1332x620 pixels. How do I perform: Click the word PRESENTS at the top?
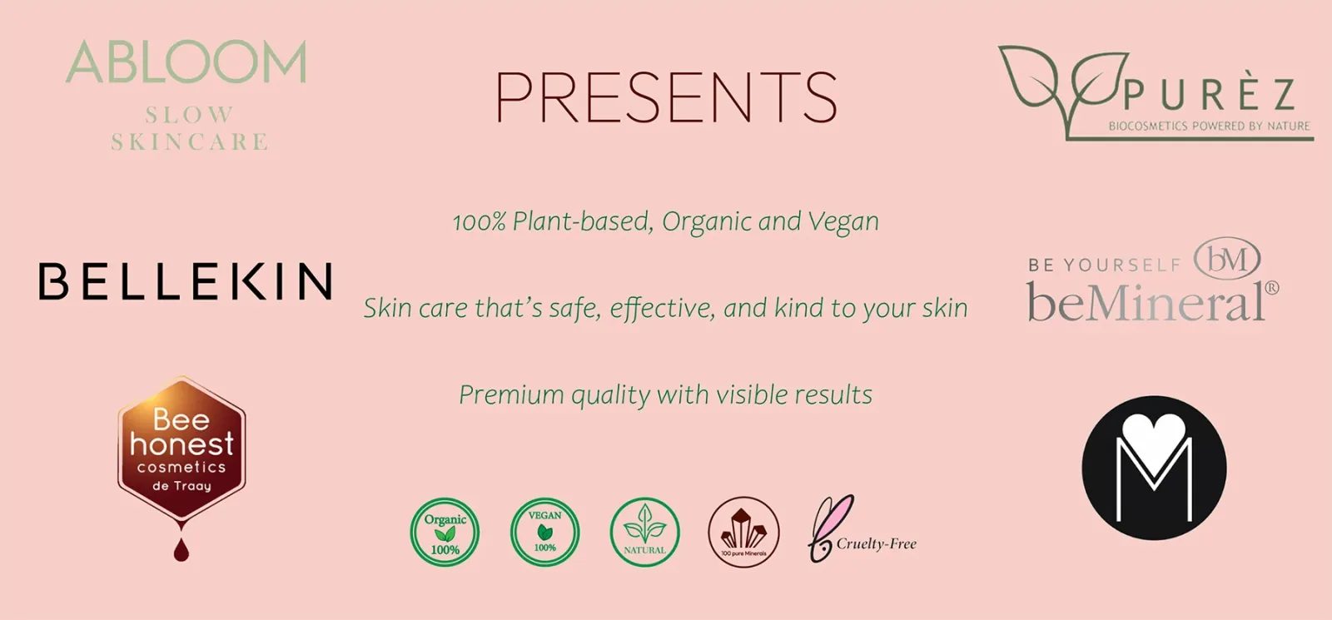click(x=666, y=97)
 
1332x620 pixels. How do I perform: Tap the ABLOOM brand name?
click(x=186, y=62)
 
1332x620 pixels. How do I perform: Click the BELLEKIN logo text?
click(x=185, y=280)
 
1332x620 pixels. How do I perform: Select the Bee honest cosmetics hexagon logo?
click(x=181, y=449)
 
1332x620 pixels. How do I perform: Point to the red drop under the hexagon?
click(x=181, y=549)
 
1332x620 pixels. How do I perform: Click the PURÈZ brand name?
click(x=1209, y=95)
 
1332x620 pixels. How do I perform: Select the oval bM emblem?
click(x=1227, y=259)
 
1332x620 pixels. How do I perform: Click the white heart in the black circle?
click(x=1154, y=440)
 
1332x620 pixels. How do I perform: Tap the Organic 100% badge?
click(x=445, y=532)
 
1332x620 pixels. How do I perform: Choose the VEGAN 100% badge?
click(x=544, y=532)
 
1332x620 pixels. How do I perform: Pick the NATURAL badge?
click(x=644, y=532)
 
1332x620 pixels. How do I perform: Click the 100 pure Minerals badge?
click(x=744, y=532)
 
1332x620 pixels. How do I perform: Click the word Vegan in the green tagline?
click(x=843, y=222)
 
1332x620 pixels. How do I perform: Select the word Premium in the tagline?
click(x=511, y=395)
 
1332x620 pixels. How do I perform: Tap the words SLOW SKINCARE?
click(x=189, y=128)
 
